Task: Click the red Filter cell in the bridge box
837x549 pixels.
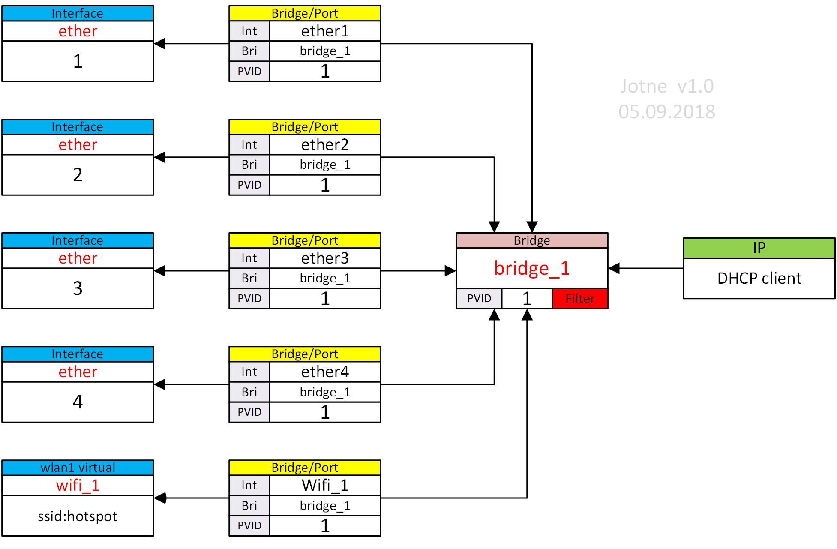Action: click(x=580, y=299)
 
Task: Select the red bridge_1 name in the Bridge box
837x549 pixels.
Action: click(x=532, y=268)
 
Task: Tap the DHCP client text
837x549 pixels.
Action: click(x=759, y=279)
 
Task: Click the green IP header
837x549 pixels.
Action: click(x=759, y=248)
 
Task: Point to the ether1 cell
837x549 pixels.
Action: click(x=325, y=31)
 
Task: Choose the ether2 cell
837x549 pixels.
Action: click(x=325, y=145)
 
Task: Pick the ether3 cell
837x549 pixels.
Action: click(x=325, y=258)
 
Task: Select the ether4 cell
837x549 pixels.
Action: click(x=325, y=372)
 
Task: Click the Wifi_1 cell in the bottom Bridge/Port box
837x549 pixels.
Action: click(x=325, y=486)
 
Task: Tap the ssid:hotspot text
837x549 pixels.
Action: click(x=78, y=516)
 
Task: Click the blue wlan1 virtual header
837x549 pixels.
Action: click(x=78, y=468)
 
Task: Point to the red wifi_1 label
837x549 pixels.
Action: click(x=78, y=486)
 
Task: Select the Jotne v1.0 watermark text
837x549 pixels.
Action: click(x=667, y=87)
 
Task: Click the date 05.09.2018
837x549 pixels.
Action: click(x=667, y=112)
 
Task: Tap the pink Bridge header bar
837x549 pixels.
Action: click(x=532, y=240)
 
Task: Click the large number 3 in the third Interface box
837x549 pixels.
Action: click(x=78, y=288)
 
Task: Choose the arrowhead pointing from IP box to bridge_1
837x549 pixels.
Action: click(x=614, y=269)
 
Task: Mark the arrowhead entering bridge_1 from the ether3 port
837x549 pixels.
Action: click(x=450, y=271)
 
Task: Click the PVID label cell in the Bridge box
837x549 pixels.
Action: click(x=479, y=299)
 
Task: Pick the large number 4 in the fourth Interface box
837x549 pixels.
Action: click(x=78, y=402)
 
